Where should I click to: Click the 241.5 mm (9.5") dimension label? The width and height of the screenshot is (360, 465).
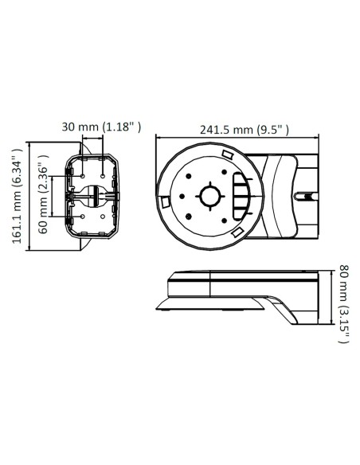[x=238, y=130]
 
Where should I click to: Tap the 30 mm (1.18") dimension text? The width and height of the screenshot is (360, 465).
[x=102, y=127]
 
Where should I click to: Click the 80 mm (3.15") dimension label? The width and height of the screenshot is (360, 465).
[x=343, y=303]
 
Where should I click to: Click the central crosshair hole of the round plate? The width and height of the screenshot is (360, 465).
[x=209, y=196]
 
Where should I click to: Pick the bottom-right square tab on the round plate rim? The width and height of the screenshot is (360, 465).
[x=237, y=232]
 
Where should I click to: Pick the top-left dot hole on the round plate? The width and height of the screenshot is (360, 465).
[x=190, y=177]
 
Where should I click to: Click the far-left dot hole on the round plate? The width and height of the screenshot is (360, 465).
[x=182, y=196]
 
